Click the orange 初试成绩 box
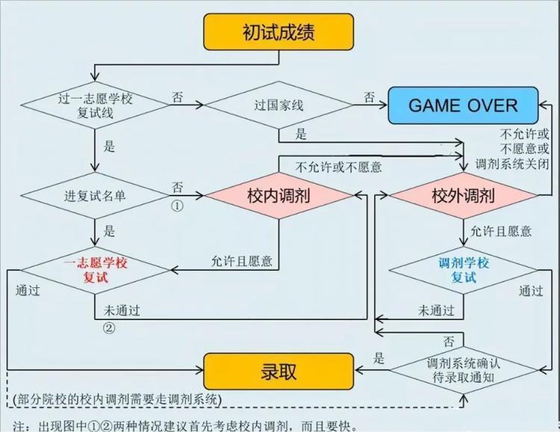click(279, 32)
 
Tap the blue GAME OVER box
click(463, 105)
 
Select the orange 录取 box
click(279, 372)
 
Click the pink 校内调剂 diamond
click(279, 195)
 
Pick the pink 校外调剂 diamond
click(463, 195)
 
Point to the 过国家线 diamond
click(279, 105)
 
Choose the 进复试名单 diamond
click(95, 195)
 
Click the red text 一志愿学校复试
click(96, 270)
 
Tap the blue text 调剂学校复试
click(464, 270)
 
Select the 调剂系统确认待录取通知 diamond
click(463, 370)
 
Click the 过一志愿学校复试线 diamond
click(95, 105)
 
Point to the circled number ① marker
click(178, 206)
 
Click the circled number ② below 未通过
click(109, 328)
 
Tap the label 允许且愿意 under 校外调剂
click(501, 231)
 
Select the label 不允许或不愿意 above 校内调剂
click(338, 167)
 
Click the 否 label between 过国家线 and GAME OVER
click(370, 97)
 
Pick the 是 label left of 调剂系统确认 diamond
click(379, 357)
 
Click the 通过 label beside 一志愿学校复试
click(28, 291)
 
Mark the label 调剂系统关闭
click(511, 164)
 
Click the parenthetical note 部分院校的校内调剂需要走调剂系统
click(116, 399)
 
